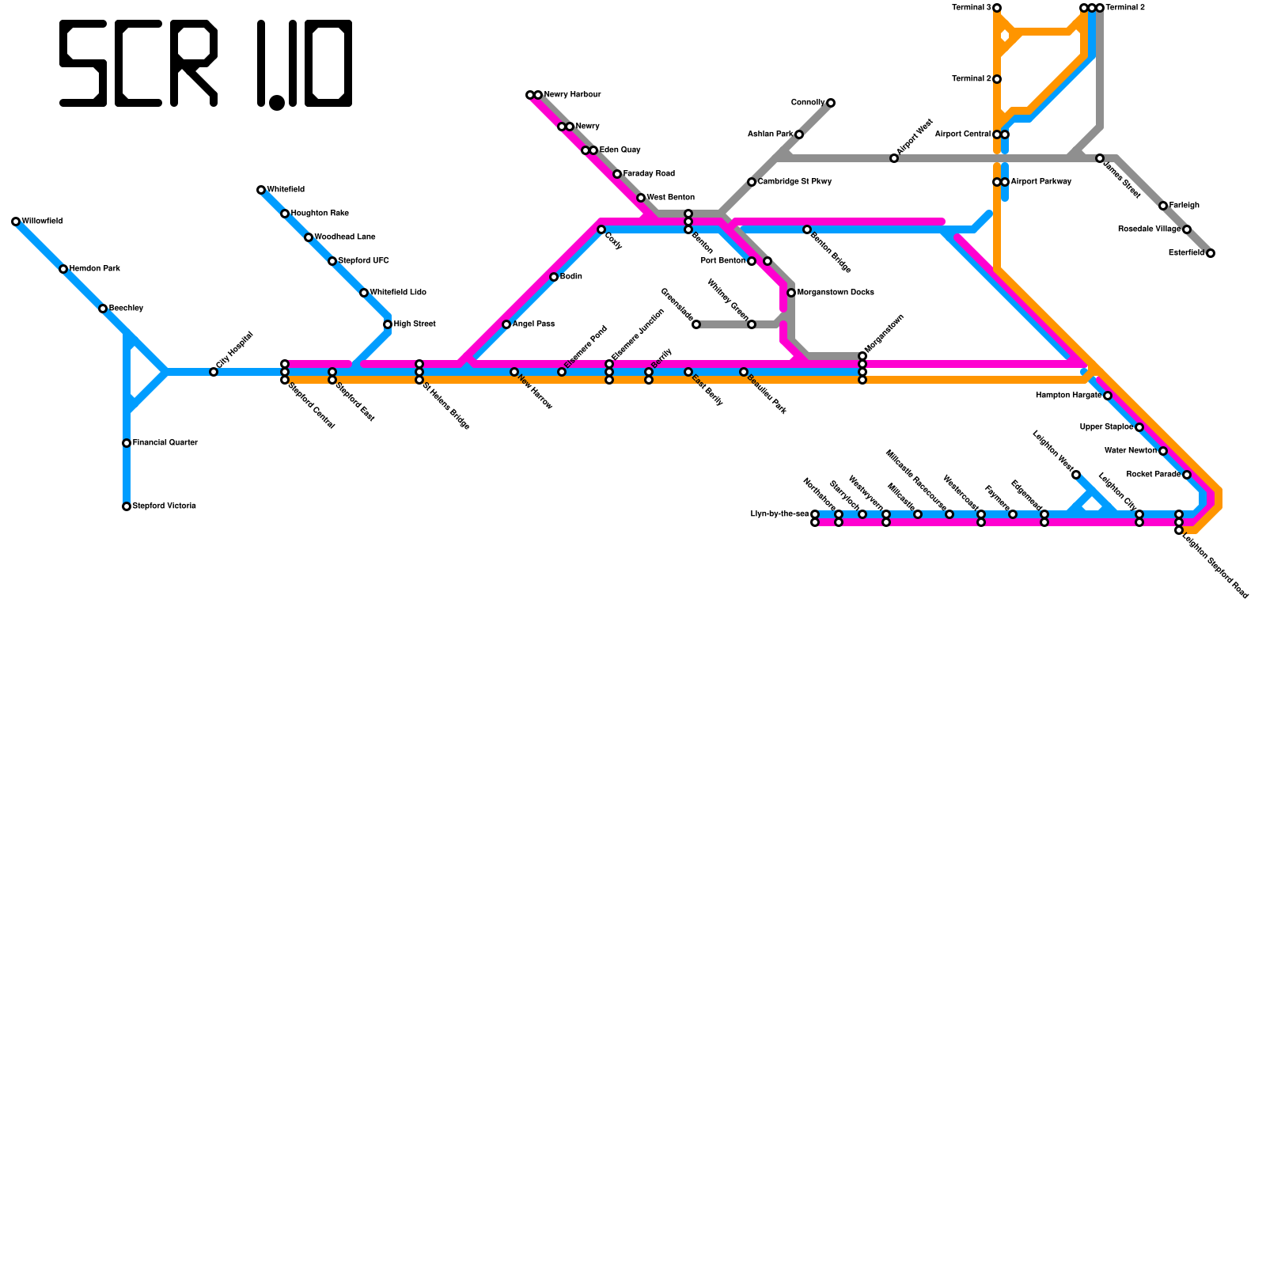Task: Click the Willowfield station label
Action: pyautogui.click(x=42, y=222)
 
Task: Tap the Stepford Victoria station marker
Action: pyautogui.click(x=127, y=506)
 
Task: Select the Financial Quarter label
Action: pyautogui.click(x=165, y=443)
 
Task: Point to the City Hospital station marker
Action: pyautogui.click(x=214, y=372)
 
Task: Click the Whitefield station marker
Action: pyautogui.click(x=261, y=190)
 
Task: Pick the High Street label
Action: pyautogui.click(x=415, y=324)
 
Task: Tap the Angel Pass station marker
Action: pyautogui.click(x=506, y=324)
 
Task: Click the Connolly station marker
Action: pyautogui.click(x=831, y=103)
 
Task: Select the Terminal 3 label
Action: pyautogui.click(x=971, y=8)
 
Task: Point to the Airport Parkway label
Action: pyautogui.click(x=1041, y=182)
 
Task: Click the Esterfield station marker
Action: pyautogui.click(x=1211, y=253)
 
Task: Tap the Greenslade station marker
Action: pyautogui.click(x=696, y=324)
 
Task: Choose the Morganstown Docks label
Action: pyautogui.click(x=836, y=293)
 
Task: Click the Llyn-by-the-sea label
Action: pyautogui.click(x=779, y=514)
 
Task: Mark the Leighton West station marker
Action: pyautogui.click(x=1076, y=475)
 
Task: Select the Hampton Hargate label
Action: pyautogui.click(x=1068, y=396)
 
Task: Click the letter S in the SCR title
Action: pyautogui.click(x=83, y=63)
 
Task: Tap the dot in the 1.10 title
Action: pyautogui.click(x=277, y=103)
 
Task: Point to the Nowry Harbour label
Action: pyautogui.click(x=572, y=95)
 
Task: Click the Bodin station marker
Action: pyautogui.click(x=554, y=277)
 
